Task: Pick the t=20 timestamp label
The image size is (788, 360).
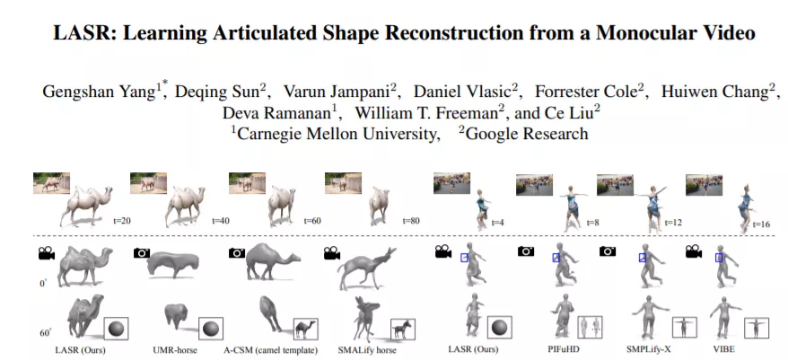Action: (x=121, y=220)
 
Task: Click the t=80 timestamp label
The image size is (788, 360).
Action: (x=411, y=220)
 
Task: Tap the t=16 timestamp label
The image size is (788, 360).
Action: (x=762, y=224)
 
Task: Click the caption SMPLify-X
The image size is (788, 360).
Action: (x=648, y=349)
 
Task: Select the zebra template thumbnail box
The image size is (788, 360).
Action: (x=403, y=329)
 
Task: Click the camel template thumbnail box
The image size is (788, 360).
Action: (x=305, y=329)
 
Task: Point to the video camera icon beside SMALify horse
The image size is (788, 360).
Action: (x=332, y=253)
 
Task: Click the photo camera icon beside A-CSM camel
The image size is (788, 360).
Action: (x=237, y=252)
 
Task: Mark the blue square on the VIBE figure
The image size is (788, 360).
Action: (x=719, y=258)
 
